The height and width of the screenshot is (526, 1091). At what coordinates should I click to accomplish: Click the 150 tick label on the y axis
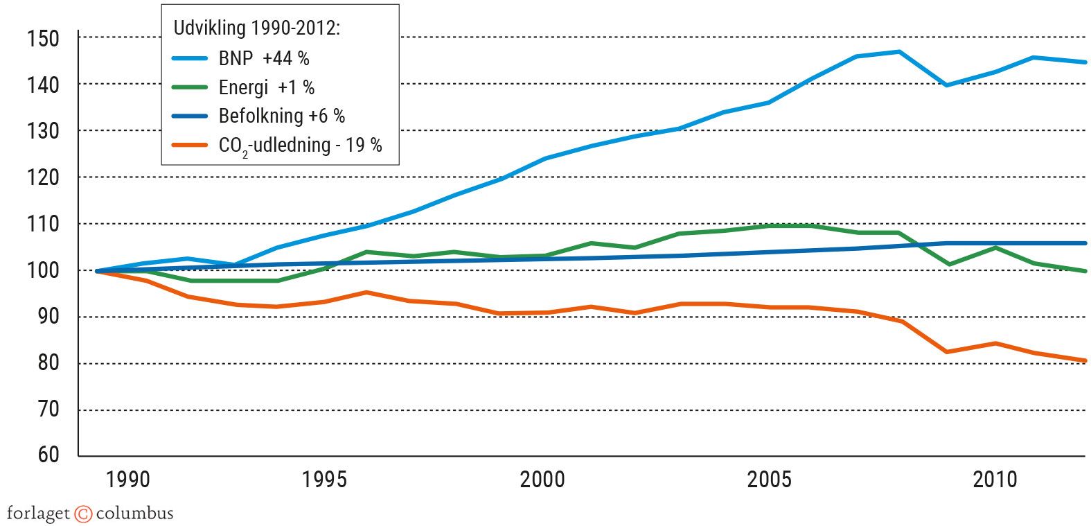point(43,38)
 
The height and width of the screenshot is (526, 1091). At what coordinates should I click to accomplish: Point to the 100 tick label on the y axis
point(43,270)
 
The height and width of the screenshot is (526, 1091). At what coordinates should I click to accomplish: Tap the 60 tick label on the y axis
point(48,455)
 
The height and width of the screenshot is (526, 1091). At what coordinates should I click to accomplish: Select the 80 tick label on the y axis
point(48,363)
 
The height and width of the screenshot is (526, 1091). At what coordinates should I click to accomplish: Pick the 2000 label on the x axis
point(542,480)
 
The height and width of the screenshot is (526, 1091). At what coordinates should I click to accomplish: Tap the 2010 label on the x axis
point(995,480)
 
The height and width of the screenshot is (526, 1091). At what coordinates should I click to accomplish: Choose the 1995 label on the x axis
point(324,480)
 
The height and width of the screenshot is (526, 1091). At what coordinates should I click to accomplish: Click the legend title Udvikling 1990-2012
point(256,28)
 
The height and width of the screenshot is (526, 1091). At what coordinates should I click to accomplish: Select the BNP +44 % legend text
point(264,58)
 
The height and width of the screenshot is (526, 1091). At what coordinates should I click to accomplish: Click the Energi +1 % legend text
point(267,87)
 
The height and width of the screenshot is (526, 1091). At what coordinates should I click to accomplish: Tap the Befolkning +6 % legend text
point(282,116)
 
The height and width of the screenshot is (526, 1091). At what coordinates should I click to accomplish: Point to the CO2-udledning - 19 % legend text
point(300,146)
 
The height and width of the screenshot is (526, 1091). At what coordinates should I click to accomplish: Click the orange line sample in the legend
point(189,145)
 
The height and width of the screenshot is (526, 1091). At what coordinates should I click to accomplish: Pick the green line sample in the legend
point(189,87)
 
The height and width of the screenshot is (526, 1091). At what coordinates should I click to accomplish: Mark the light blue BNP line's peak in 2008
point(899,51)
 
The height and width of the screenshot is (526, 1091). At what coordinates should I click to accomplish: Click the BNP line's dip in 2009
point(946,85)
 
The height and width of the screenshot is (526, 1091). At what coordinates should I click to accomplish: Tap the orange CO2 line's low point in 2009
point(946,352)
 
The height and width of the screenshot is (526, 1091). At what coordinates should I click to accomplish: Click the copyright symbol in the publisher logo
point(83,514)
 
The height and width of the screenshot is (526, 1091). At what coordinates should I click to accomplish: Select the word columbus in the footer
point(134,514)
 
